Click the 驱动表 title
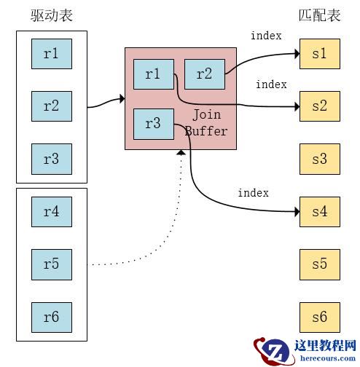click(x=52, y=15)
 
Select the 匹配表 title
click(x=319, y=15)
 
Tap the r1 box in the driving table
click(x=51, y=53)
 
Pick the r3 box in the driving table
click(x=51, y=159)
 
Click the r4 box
click(x=51, y=212)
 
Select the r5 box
click(x=51, y=264)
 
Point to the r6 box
click(x=51, y=317)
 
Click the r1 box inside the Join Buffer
click(x=153, y=74)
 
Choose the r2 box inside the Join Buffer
click(x=204, y=74)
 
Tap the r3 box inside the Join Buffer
click(x=153, y=124)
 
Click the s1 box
click(x=320, y=54)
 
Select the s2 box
click(x=320, y=106)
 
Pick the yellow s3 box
click(x=320, y=159)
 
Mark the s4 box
click(x=320, y=212)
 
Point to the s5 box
click(x=320, y=264)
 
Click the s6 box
click(x=320, y=317)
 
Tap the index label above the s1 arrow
click(x=266, y=36)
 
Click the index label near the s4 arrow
click(x=253, y=193)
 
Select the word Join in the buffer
click(x=206, y=116)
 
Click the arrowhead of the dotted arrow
click(x=181, y=153)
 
